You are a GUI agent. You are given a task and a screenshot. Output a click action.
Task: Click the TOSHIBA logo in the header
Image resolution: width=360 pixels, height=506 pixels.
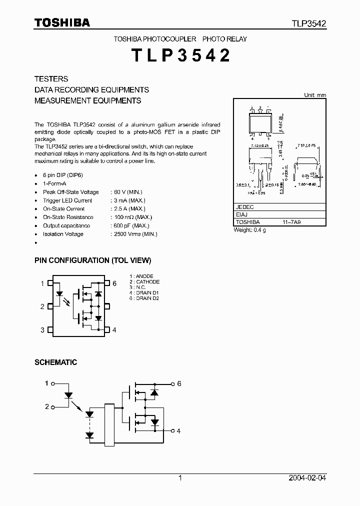coord(62,23)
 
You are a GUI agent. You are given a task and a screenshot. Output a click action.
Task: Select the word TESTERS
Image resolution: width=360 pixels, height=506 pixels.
coord(51,79)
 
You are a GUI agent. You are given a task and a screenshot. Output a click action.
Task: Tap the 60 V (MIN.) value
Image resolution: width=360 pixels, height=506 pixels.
coord(127,192)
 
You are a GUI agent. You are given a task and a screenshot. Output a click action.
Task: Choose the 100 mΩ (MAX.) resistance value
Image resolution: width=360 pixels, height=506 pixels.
coord(131,217)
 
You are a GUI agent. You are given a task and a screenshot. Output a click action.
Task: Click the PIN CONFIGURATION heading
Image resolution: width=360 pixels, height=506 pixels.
coord(92,260)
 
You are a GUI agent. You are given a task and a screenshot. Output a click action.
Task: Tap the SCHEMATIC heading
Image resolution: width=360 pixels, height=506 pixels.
coord(55,362)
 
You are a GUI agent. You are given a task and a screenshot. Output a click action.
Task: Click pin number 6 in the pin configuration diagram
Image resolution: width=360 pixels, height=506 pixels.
coord(114,283)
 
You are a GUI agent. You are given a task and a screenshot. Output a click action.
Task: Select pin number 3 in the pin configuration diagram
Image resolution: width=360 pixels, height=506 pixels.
coord(42,329)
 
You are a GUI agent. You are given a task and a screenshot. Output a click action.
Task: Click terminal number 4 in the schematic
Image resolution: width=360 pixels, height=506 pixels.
coord(178,430)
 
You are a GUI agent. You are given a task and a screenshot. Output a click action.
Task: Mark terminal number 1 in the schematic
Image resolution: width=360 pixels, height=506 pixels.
coord(47,383)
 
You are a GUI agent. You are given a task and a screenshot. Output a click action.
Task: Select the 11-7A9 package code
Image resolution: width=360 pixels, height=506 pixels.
coord(291,221)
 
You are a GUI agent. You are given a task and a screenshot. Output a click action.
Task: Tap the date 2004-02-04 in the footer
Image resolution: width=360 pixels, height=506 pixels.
coord(307,478)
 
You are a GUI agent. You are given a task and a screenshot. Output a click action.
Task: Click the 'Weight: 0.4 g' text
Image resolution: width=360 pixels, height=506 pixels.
coord(250,230)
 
